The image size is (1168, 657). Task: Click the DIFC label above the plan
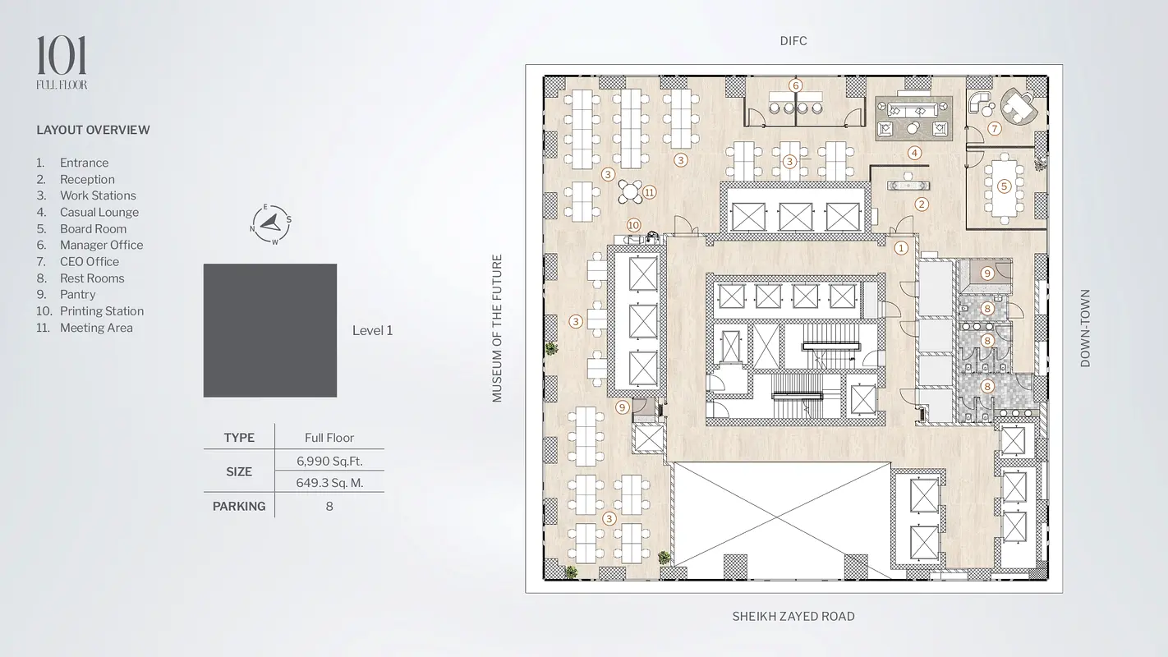(793, 41)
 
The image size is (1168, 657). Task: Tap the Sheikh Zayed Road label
(793, 616)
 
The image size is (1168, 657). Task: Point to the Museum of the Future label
(497, 328)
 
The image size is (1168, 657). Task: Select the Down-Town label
(1085, 328)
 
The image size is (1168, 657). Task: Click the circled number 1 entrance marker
(901, 248)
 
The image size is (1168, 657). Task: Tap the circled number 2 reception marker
(922, 204)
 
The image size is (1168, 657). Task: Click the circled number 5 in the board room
(1004, 186)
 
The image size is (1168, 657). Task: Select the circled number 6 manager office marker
(795, 85)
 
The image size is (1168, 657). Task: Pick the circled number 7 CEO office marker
(995, 128)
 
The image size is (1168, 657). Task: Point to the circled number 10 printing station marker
(633, 225)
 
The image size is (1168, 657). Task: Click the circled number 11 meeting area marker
(649, 192)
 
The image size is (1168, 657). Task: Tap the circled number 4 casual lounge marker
(914, 153)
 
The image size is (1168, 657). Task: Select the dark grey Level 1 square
(270, 331)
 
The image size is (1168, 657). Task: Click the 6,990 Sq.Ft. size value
(329, 461)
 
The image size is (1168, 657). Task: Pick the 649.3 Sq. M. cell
(329, 483)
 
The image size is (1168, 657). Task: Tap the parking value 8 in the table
(329, 507)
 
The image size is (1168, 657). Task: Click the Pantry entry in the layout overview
(78, 295)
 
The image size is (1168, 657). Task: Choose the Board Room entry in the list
(93, 229)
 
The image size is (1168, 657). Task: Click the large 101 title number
(62, 55)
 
